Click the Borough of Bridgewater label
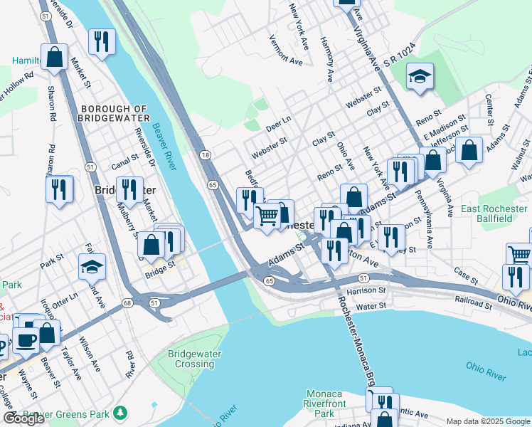tap(115, 112)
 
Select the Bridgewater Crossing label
tap(194, 359)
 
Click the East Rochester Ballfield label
tap(495, 213)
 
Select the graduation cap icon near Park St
tap(92, 266)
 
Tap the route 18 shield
tap(205, 155)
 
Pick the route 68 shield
tap(127, 303)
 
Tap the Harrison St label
tap(367, 290)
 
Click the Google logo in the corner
tap(24, 418)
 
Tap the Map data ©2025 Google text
tap(488, 421)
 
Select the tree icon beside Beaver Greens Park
tap(121, 413)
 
